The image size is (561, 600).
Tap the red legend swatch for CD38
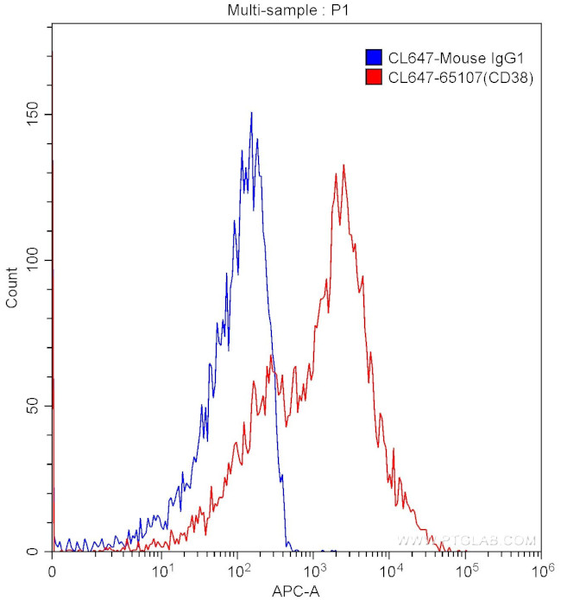coord(374,78)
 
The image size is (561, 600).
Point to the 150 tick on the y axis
coord(34,115)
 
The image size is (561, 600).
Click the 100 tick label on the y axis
coord(34,260)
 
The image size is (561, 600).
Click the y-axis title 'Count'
coord(12,289)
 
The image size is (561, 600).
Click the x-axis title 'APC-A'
coord(296,591)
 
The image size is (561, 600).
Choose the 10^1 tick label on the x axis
coord(161,570)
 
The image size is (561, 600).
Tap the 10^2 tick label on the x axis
coord(238,570)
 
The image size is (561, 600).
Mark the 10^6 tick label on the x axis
coord(543,570)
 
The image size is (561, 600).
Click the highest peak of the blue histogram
coord(251,113)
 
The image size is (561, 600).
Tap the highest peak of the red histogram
coord(344,165)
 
